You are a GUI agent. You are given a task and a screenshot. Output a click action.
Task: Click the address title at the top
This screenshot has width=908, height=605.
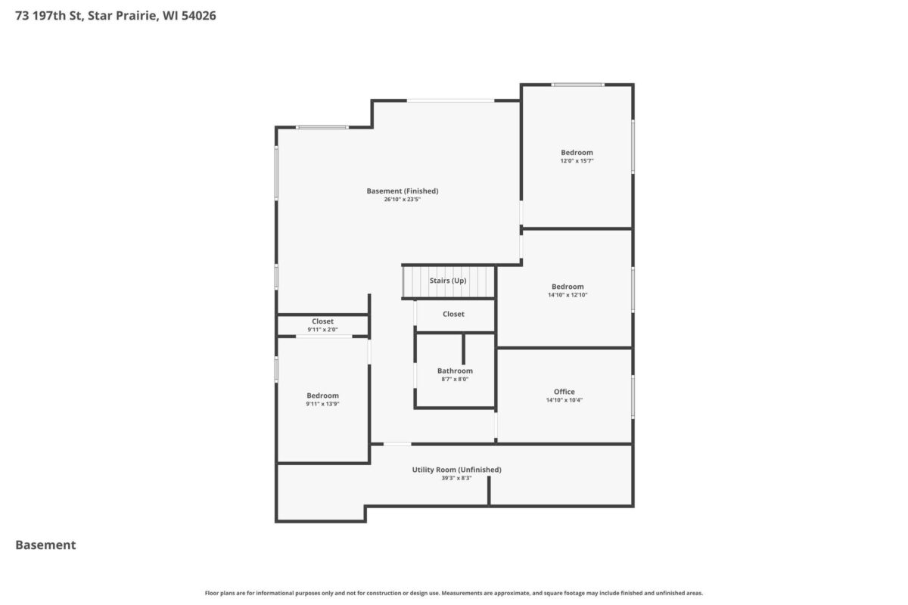click(116, 16)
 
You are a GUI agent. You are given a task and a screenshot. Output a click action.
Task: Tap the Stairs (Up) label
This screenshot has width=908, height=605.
click(448, 281)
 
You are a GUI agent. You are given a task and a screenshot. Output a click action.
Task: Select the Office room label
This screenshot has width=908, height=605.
click(564, 392)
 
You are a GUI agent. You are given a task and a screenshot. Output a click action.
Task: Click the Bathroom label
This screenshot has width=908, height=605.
click(455, 371)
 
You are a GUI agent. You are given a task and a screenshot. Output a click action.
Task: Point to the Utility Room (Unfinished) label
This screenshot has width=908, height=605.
click(457, 470)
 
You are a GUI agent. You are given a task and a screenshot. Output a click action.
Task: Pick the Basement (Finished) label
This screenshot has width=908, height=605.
click(403, 191)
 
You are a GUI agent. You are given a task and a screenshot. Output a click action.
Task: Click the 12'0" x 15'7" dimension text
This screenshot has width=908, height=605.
click(577, 161)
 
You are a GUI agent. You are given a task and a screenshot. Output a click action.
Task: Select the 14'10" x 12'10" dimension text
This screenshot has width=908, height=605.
click(567, 295)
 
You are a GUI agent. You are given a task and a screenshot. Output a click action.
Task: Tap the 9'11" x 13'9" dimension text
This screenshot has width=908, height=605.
click(322, 404)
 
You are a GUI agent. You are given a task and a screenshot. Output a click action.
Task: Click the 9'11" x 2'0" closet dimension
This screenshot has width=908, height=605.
click(322, 330)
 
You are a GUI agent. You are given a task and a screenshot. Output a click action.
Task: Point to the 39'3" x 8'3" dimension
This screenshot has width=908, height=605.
click(457, 478)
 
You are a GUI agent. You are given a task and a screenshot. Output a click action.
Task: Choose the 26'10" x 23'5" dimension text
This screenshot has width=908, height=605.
click(403, 200)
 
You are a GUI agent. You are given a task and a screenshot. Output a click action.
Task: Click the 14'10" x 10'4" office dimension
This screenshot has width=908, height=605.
click(564, 400)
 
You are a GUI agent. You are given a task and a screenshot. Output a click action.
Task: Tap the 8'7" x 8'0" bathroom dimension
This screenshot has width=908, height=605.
click(455, 380)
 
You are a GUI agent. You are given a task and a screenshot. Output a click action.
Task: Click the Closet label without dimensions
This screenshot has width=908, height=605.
click(453, 314)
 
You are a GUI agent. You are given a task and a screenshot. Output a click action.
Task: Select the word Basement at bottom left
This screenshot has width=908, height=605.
click(45, 545)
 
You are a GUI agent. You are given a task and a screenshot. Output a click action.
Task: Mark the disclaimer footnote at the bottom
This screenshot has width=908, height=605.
click(453, 593)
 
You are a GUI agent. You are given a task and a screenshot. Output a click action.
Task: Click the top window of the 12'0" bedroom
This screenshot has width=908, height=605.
click(577, 85)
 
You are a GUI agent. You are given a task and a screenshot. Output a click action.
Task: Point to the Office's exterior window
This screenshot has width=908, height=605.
click(633, 397)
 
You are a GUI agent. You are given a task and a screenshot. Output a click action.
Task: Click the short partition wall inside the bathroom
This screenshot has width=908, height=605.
click(463, 349)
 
